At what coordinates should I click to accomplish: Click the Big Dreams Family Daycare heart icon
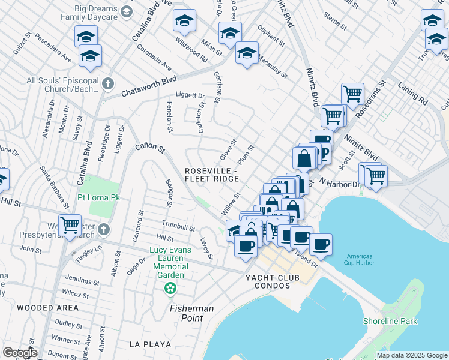coord(126,11)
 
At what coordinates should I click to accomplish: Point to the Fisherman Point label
coord(191,313)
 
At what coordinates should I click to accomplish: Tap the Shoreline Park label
coord(390,321)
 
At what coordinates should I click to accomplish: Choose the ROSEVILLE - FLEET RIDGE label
coord(212,174)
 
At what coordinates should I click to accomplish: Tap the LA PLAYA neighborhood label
coord(150,344)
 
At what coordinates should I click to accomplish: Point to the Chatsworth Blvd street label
coord(149,86)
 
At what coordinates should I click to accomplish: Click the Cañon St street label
coord(149,146)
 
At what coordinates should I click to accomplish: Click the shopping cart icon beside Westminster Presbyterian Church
coord(70,225)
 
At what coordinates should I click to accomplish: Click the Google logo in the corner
coord(20,353)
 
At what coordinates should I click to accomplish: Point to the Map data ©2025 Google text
coord(412,355)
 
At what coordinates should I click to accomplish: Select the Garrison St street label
coord(218,85)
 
